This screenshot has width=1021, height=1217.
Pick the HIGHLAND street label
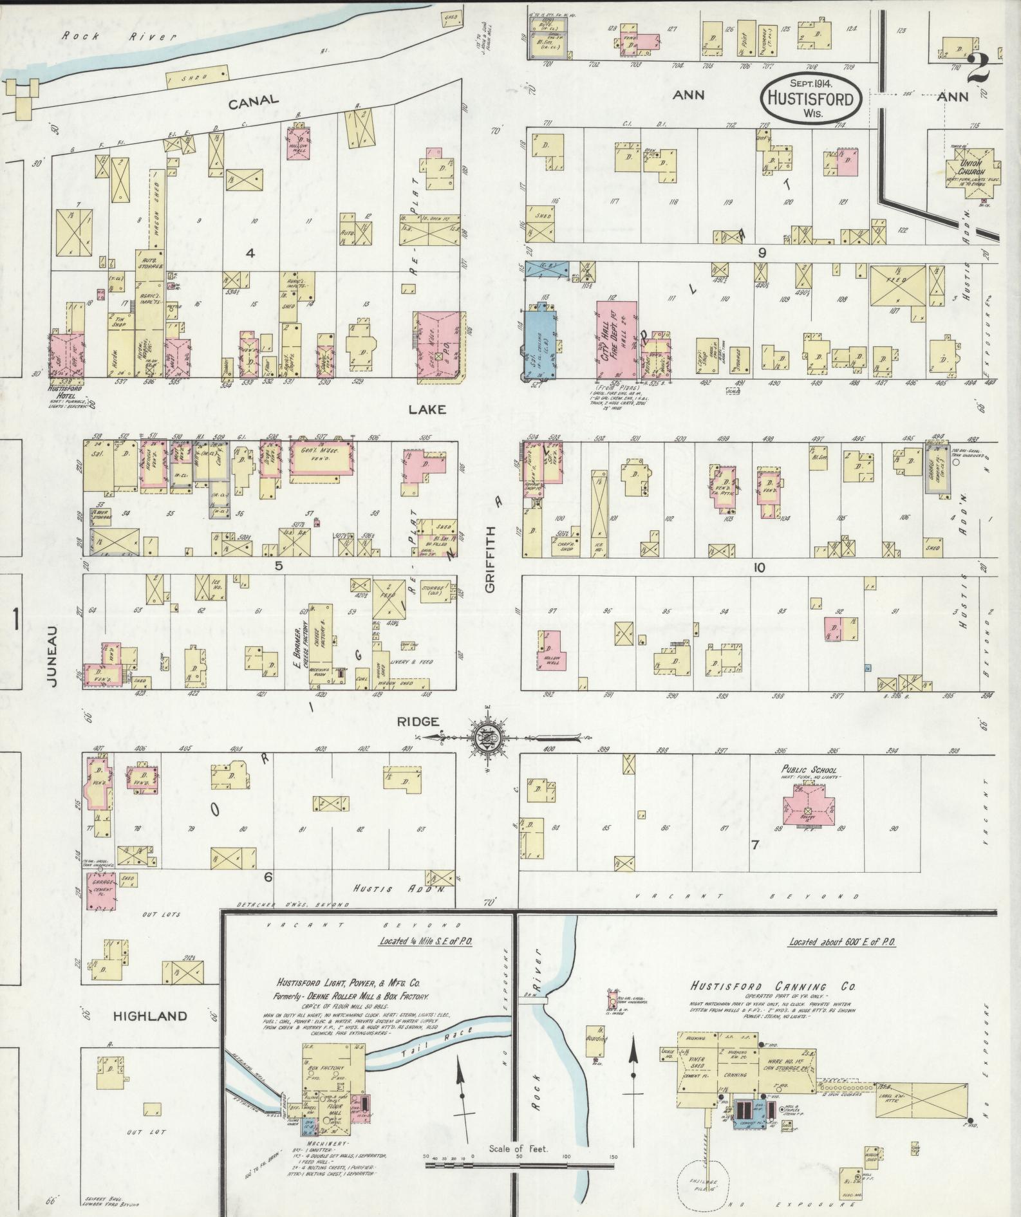coord(151,1016)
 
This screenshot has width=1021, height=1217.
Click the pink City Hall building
coord(617,340)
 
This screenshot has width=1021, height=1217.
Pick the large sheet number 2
coord(977,68)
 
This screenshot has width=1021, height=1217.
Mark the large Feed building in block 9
coord(897,285)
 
